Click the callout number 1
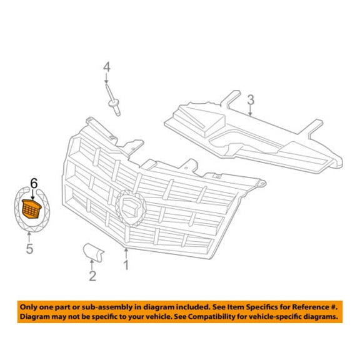coord(126,266)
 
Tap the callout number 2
coord(92,276)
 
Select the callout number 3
coord(251,100)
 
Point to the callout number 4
coord(107,67)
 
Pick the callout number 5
coord(29,249)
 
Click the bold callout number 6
coord(34,184)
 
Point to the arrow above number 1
coord(126,254)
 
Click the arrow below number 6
coord(33,194)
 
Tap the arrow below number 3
coord(251,111)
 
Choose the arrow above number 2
coord(92,265)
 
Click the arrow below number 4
coord(106,78)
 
